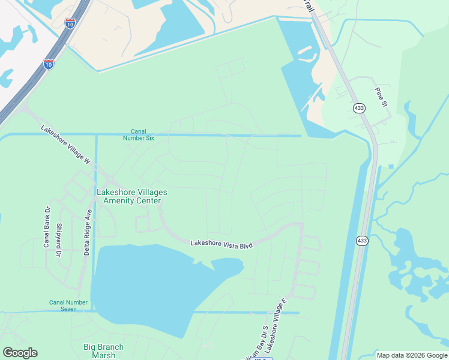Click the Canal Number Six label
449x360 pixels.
tap(143, 135)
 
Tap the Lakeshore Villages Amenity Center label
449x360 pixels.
tap(131, 196)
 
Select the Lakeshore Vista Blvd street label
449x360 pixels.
tap(221, 244)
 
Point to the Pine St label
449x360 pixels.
tap(382, 97)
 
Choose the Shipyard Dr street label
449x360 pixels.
tap(59, 240)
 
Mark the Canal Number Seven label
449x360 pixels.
tap(68, 305)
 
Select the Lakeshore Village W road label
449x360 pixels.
tap(65, 145)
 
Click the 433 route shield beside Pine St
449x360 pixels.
tap(359, 108)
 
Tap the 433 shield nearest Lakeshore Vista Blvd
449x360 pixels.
tap(361, 241)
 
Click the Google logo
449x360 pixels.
tap(20, 353)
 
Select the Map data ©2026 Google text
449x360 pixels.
tap(412, 355)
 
